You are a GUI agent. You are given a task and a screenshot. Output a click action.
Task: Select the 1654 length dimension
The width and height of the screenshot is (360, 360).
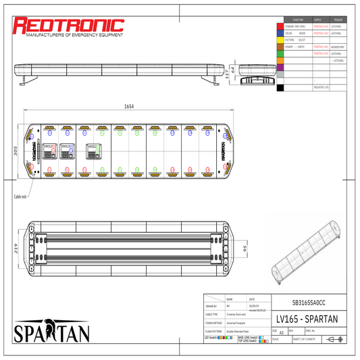128,107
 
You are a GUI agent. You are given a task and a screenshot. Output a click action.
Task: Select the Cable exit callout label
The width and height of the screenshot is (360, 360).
19,197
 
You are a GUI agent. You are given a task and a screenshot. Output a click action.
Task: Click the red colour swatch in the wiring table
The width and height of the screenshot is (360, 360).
280,26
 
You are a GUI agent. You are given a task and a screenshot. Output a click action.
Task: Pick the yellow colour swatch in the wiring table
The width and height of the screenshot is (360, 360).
280,40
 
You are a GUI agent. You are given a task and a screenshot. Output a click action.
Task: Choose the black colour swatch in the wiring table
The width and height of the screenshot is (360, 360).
280,87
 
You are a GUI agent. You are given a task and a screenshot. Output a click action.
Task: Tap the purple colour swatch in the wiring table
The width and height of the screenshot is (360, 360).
280,67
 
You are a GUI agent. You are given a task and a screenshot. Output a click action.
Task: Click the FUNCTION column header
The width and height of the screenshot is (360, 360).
298,20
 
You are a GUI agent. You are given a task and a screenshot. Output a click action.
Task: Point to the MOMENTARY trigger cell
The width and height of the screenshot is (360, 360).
338,47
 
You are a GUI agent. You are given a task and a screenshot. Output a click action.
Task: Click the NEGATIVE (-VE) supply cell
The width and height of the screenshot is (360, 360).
321,87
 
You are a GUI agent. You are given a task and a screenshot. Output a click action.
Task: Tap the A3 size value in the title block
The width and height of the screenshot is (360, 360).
281,332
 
